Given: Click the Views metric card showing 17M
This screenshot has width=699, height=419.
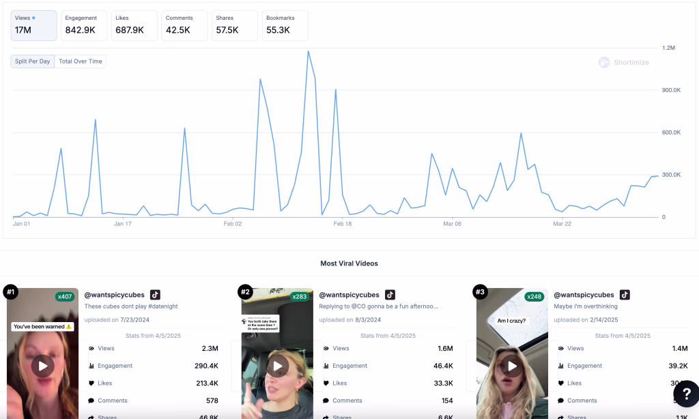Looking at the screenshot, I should pos(33,25).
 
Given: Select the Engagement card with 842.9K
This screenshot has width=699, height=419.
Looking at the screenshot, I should pos(83,25).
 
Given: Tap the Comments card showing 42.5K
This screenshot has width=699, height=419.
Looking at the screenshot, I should pos(184,25).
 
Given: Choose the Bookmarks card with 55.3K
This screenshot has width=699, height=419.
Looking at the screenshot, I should pos(285,25).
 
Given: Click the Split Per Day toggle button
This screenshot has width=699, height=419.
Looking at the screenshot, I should pos(33,61).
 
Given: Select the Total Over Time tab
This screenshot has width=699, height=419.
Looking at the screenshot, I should pos(81,61).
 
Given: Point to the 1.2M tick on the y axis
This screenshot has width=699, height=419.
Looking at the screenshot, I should pos(668,48).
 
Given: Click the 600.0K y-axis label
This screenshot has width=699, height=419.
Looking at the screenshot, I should pos(671,132).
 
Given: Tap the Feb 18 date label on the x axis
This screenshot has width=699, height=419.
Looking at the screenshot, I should pos(342,224).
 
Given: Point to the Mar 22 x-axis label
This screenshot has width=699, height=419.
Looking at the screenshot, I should pos(562,224).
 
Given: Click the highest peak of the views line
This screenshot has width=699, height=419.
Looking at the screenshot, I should pos(308,51).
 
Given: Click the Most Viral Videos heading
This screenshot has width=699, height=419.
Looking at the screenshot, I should pos(349,263).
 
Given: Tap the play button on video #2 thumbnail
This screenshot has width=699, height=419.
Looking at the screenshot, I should pos(278,366).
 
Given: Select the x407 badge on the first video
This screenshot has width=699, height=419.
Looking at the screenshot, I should pos(65,297).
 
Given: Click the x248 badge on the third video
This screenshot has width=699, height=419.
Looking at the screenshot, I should pos(534,297).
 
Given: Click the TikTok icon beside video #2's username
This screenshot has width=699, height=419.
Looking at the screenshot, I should pos(390,295).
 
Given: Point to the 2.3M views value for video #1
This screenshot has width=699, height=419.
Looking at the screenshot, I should pos(210,348).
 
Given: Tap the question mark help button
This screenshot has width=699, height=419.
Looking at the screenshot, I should pos(685,394).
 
